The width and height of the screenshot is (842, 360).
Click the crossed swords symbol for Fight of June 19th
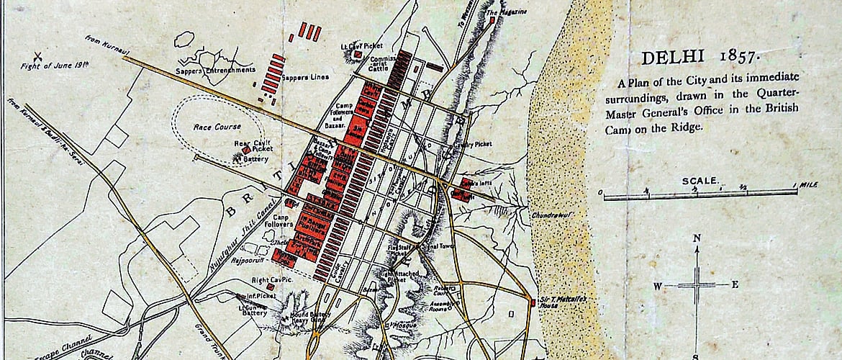34,55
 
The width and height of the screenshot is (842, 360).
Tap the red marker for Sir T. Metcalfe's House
533,303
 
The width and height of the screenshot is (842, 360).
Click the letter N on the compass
697,238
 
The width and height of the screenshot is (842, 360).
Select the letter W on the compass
657,285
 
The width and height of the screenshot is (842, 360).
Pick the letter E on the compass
734,284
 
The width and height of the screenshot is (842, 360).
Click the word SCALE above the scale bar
700,181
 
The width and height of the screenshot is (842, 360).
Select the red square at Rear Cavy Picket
247,150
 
